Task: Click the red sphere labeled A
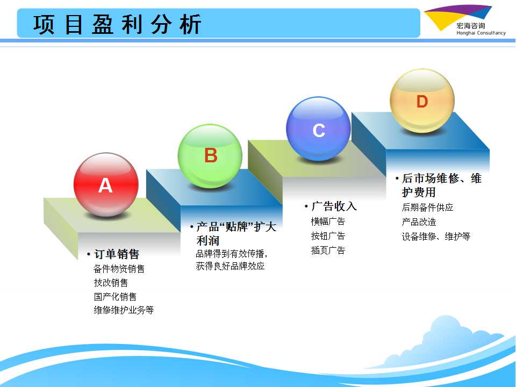(106, 184)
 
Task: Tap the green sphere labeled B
(210, 156)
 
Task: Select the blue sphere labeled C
(318, 128)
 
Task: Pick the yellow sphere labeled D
(422, 101)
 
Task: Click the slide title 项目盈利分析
(117, 24)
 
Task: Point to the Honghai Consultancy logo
(464, 21)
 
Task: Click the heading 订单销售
(116, 254)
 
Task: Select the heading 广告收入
(334, 206)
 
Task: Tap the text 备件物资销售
(119, 269)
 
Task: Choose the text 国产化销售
(115, 297)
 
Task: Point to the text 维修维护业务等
(124, 310)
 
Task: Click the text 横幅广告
(328, 221)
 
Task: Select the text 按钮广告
(328, 235)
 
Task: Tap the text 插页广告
(328, 250)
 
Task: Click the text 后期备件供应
(427, 207)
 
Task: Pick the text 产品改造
(419, 222)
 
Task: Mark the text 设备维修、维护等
(436, 236)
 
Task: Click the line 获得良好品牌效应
(230, 266)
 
